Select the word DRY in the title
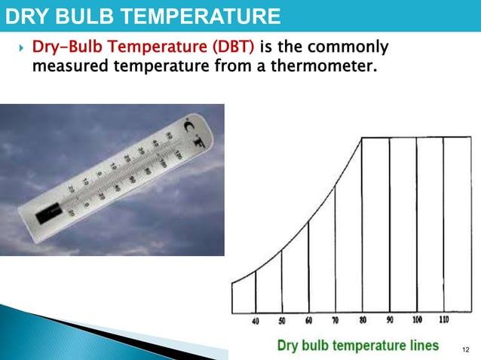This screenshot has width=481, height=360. [27, 15]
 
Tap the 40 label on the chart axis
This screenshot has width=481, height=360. [256, 322]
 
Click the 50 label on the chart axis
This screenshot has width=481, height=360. [282, 322]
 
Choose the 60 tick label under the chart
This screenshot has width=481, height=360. [308, 321]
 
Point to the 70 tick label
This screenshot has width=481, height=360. [335, 321]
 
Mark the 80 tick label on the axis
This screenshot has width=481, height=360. [363, 320]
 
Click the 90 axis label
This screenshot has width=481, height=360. [389, 320]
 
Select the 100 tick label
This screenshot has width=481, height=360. [417, 319]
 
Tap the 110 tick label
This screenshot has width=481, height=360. [443, 319]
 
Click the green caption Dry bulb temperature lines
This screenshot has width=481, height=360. [358, 346]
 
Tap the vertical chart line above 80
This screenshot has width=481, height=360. [363, 226]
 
